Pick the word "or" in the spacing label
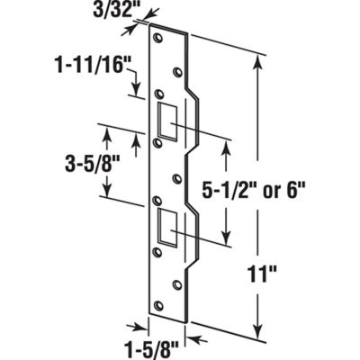[268, 190]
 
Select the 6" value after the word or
[296, 190]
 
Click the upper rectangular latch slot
[167, 117]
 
